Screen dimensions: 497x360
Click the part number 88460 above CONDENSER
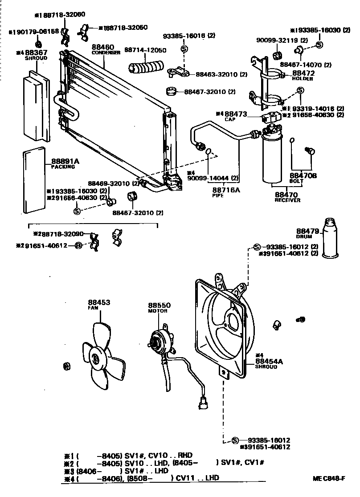pyautogui.click(x=103, y=47)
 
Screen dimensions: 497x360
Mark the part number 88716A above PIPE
pyautogui.click(x=225, y=190)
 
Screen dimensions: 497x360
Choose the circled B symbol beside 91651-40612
pyautogui.click(x=78, y=245)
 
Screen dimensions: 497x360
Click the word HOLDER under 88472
pyautogui.click(x=303, y=79)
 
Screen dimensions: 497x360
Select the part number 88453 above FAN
pyautogui.click(x=99, y=302)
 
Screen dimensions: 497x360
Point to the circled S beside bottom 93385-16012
pyautogui.click(x=235, y=440)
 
